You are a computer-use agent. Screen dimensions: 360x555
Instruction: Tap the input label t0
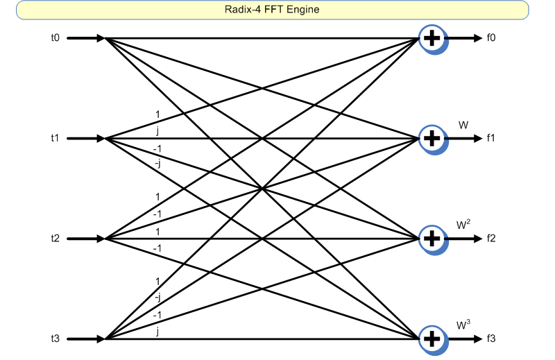pyautogui.click(x=55, y=38)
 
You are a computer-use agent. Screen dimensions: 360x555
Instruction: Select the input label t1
pyautogui.click(x=55, y=139)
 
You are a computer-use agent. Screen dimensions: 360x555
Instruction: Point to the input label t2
pyautogui.click(x=55, y=239)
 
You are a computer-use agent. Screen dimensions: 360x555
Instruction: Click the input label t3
pyautogui.click(x=55, y=339)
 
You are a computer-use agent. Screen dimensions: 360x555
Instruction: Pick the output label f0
pyautogui.click(x=491, y=38)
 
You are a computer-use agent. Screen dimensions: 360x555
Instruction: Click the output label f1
pyautogui.click(x=491, y=139)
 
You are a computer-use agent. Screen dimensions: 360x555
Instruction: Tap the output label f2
pyautogui.click(x=491, y=239)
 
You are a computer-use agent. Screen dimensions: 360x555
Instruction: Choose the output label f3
pyautogui.click(x=491, y=339)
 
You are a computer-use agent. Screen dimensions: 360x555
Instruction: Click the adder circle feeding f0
pyautogui.click(x=432, y=38)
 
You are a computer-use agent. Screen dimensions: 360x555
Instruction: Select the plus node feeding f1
pyautogui.click(x=432, y=139)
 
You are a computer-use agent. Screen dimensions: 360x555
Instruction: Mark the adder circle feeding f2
pyautogui.click(x=432, y=239)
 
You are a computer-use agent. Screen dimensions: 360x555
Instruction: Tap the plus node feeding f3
pyautogui.click(x=432, y=339)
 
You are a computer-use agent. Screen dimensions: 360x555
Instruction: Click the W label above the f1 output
pyautogui.click(x=463, y=125)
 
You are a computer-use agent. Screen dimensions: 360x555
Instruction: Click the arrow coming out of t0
pyautogui.click(x=86, y=38)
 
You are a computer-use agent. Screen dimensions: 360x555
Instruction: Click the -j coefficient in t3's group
pyautogui.click(x=159, y=297)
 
